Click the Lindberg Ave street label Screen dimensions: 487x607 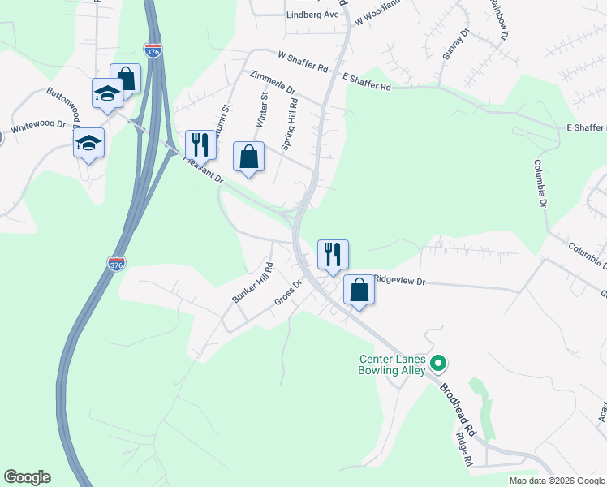click(x=312, y=15)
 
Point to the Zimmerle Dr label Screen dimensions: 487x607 click(x=273, y=83)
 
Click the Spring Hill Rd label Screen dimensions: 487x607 click(x=289, y=124)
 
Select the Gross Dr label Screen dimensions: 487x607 click(x=288, y=294)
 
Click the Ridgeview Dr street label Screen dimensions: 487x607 click(x=398, y=280)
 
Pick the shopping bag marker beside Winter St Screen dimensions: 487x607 click(x=248, y=157)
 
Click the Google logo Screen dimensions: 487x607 click(x=27, y=477)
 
